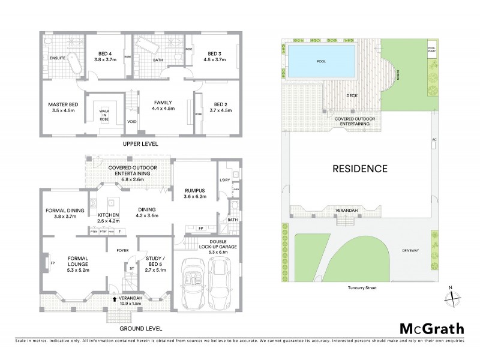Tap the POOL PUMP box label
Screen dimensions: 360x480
pyautogui.click(x=431, y=49)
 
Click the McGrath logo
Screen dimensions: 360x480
pyautogui.click(x=431, y=328)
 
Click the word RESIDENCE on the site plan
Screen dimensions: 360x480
pyautogui.click(x=360, y=169)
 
